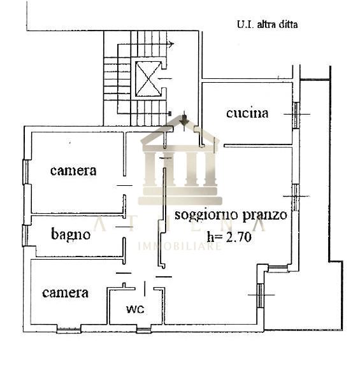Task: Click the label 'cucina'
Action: click(x=247, y=113)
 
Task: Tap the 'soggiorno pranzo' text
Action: click(x=231, y=215)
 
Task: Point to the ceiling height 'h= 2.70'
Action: click(x=229, y=236)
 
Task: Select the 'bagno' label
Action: click(x=71, y=234)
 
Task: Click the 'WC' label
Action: click(x=135, y=309)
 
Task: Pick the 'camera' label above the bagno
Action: click(x=73, y=171)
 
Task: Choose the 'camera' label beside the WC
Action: click(x=65, y=293)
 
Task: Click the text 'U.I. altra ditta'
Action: click(x=267, y=25)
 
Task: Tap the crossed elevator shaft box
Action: click(x=148, y=79)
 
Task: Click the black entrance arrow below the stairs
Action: click(x=184, y=120)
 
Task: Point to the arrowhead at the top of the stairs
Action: click(x=171, y=44)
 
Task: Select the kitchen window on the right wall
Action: click(x=296, y=115)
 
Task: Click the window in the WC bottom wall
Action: click(x=143, y=330)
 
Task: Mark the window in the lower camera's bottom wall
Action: click(x=69, y=330)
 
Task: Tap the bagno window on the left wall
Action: click(x=25, y=236)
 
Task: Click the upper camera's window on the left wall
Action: click(x=25, y=172)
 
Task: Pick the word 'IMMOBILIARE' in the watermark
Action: click(x=180, y=246)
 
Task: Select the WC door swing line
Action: click(x=145, y=288)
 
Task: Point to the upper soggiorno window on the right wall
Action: click(x=296, y=197)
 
